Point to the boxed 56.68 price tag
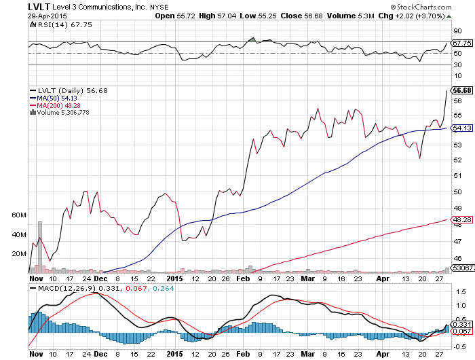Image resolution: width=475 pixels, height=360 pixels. pyautogui.click(x=462, y=90)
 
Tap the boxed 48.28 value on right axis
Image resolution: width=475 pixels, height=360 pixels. pyautogui.click(x=462, y=219)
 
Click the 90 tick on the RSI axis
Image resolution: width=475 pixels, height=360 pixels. pyautogui.click(x=459, y=31)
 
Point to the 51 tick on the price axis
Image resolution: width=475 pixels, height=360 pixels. pyautogui.click(x=458, y=175)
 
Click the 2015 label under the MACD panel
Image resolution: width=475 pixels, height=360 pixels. pyautogui.click(x=175, y=354)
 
